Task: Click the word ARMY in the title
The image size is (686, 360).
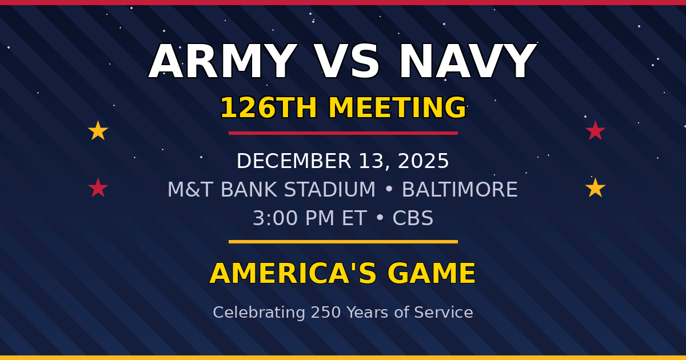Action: click(222, 62)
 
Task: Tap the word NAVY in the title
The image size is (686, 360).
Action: click(467, 62)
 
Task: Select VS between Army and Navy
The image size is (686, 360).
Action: click(347, 62)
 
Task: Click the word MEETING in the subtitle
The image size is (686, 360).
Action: click(397, 108)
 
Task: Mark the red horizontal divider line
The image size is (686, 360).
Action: click(343, 133)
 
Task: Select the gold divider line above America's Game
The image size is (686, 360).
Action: click(343, 242)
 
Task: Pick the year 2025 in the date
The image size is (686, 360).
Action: click(423, 161)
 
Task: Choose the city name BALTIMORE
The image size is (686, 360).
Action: click(460, 190)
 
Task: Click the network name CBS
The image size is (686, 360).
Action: click(413, 218)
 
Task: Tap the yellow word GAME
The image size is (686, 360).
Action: click(432, 274)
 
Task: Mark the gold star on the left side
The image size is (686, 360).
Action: click(98, 131)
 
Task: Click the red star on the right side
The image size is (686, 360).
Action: click(595, 131)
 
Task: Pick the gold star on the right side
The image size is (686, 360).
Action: click(595, 188)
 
